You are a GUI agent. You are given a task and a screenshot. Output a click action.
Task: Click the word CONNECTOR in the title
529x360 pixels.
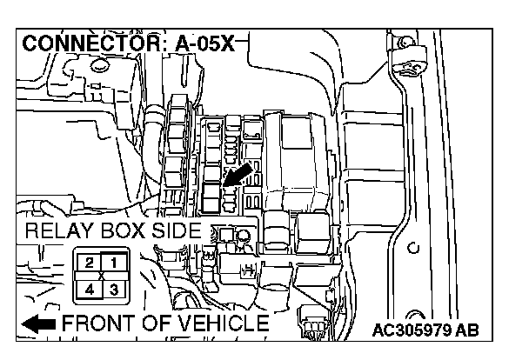(x=85, y=43)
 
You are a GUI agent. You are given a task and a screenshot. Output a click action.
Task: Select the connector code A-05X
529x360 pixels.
(x=199, y=43)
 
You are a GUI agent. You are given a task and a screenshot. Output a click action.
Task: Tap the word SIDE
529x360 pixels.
(x=177, y=232)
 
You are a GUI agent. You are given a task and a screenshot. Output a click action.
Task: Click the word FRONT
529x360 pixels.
(x=97, y=324)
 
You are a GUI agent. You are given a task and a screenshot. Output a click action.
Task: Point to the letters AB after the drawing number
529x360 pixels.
(x=467, y=331)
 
